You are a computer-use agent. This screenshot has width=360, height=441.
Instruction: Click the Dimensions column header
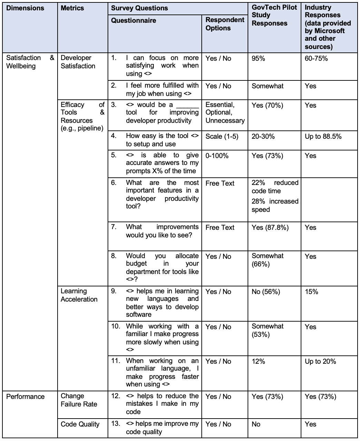[x=25, y=8]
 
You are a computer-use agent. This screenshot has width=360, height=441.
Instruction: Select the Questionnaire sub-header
[x=133, y=21]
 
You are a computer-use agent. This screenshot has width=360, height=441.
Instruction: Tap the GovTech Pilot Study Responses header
[x=274, y=16]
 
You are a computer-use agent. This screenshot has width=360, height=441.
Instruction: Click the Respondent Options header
[x=225, y=24]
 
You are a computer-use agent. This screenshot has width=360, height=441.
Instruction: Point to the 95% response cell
[x=258, y=59]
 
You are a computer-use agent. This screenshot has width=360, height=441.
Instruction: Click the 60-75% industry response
[x=316, y=59]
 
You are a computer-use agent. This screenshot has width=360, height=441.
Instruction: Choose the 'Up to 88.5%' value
[x=323, y=137]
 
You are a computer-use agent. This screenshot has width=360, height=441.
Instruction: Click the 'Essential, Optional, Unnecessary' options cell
[x=225, y=112]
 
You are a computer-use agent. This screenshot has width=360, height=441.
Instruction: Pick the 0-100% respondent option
[x=217, y=156]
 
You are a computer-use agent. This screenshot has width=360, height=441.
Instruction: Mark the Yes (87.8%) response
[x=270, y=228]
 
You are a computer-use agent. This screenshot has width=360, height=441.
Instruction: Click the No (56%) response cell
[x=266, y=292]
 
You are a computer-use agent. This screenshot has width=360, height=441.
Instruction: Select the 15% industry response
[x=311, y=292]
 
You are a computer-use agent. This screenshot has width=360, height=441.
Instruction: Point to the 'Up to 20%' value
[x=320, y=362]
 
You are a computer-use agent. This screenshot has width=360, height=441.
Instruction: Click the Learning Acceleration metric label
[x=79, y=295]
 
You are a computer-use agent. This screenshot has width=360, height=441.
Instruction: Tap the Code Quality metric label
[x=80, y=424]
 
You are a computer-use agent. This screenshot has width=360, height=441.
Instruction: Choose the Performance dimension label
[x=26, y=397]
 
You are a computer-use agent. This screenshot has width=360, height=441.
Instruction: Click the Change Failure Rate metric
[x=79, y=400]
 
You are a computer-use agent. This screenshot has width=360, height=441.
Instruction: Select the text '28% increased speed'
[x=275, y=206]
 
